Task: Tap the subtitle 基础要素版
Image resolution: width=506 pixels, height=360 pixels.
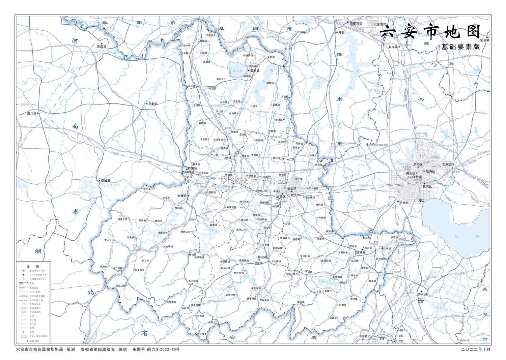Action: tap(460, 47)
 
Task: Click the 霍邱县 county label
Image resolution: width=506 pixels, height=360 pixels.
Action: tap(255, 71)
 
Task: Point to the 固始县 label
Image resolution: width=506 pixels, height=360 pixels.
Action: tap(153, 104)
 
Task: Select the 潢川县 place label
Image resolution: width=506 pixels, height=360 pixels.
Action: tap(32, 113)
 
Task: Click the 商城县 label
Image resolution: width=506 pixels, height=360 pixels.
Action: tap(106, 181)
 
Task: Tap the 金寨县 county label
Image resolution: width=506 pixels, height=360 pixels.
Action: tap(182, 196)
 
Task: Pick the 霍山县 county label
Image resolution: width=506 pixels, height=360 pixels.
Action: tap(262, 257)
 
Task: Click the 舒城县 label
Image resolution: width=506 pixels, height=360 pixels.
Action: tap(361, 252)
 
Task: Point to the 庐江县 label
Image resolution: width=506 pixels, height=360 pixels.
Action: tap(422, 294)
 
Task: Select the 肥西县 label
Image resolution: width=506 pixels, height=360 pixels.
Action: tap(404, 203)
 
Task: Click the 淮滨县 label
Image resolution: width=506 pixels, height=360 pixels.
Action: tap(102, 47)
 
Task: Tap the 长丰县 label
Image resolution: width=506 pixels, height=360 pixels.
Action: tap(393, 47)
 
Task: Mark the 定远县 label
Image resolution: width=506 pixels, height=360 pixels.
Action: tap(484, 40)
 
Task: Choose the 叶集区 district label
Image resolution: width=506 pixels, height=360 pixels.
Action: tap(192, 168)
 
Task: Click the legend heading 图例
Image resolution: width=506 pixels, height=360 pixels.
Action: tap(33, 266)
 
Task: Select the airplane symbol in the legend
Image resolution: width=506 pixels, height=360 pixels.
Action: tap(24, 332)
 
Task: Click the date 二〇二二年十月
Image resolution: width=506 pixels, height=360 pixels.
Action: tap(476, 350)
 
